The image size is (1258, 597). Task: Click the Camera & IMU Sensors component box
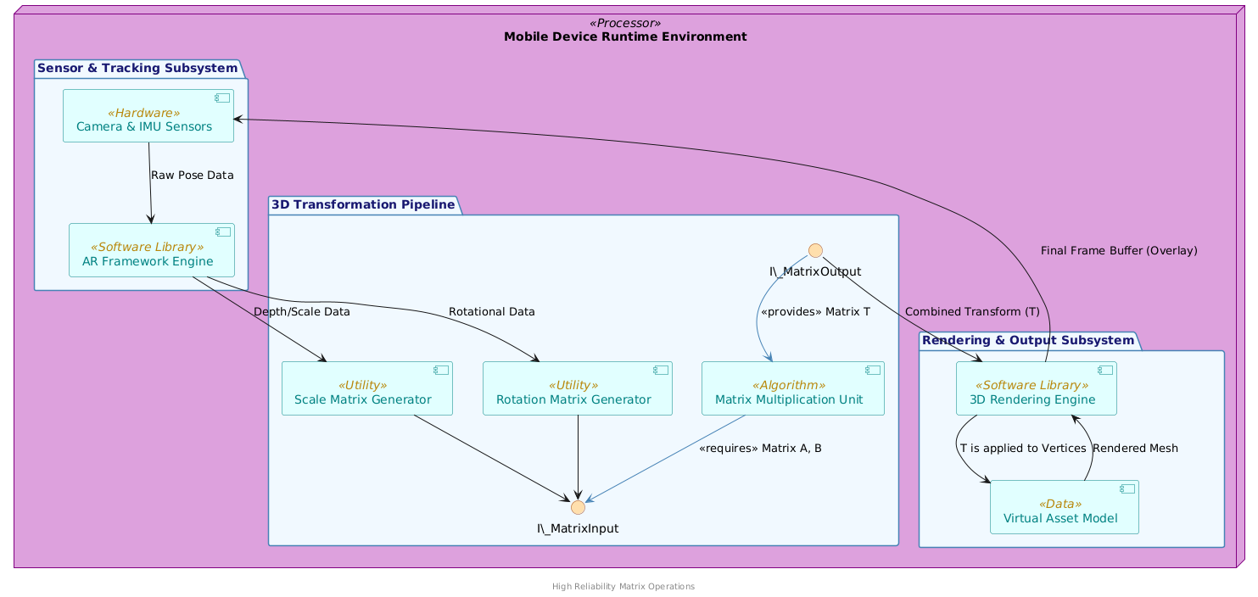[x=148, y=116]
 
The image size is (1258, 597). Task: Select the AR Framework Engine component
[x=151, y=250]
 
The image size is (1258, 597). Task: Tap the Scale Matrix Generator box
[x=366, y=388]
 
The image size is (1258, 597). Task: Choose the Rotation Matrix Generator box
[x=577, y=388]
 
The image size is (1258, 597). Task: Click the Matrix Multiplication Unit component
[x=792, y=388]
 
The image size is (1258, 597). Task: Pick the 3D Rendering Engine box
[x=1035, y=388]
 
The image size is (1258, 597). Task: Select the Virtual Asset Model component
[x=1064, y=507]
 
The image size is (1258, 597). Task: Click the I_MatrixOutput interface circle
[x=815, y=250]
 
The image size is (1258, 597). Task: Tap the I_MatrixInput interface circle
[x=578, y=507]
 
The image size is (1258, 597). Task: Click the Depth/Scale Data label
[x=301, y=312]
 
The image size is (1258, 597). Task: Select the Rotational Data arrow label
[x=491, y=312]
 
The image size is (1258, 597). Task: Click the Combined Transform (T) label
[x=972, y=311]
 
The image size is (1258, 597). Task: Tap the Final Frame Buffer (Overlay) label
[x=1118, y=250]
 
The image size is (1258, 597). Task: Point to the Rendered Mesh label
[x=1135, y=448]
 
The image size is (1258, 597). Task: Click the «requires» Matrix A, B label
[x=759, y=448]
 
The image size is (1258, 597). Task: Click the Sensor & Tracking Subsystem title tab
[x=136, y=68]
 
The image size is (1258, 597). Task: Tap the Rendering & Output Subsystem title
[x=1027, y=340]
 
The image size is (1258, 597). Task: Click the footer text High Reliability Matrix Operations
[x=623, y=586]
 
